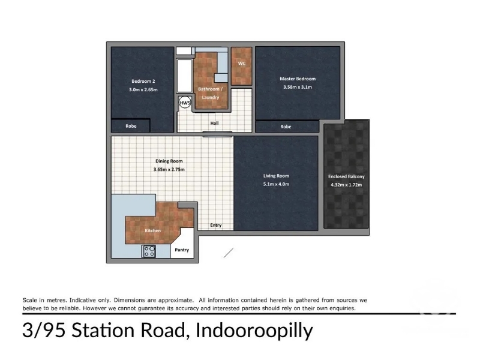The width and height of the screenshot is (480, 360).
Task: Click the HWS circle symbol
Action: tap(185, 103)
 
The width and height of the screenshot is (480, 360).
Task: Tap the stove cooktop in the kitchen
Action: tap(149, 251)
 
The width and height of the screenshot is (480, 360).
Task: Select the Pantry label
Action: tap(182, 250)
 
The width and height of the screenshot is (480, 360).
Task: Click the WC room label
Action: tap(242, 64)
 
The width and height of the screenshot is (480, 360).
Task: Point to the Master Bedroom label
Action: tap(298, 79)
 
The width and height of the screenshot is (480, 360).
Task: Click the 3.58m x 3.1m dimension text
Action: tap(298, 87)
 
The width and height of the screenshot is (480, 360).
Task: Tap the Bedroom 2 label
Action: tap(143, 81)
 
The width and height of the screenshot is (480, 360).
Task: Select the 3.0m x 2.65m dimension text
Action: tap(143, 89)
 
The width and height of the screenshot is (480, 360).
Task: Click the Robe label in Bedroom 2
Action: tap(131, 126)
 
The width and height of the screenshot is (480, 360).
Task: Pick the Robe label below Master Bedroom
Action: tap(286, 127)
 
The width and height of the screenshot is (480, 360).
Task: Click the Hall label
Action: tap(214, 123)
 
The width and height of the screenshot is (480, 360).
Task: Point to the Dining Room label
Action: tap(169, 161)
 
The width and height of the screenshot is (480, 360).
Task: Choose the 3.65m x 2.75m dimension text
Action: tap(169, 169)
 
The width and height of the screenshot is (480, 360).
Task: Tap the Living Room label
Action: tap(276, 176)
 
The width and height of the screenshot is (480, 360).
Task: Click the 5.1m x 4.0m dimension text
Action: tap(276, 184)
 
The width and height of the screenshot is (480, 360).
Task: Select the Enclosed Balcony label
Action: tap(346, 176)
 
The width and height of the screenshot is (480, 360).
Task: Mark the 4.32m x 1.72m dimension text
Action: tap(346, 185)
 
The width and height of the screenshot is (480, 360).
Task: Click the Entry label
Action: tap(216, 225)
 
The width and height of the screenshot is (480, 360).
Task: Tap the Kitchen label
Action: tap(153, 230)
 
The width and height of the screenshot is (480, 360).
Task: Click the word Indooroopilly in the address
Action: tap(254, 331)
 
